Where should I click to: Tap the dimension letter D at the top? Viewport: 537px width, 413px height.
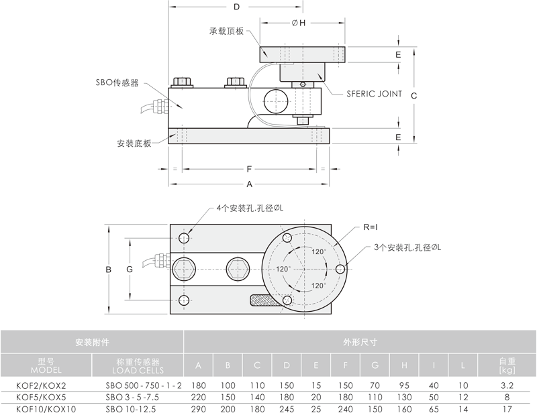click(x=236, y=7)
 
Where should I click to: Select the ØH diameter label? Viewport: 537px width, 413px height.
click(x=299, y=23)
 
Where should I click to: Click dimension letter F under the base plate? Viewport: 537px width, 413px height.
click(x=249, y=168)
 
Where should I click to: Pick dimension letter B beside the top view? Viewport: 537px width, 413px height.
click(x=108, y=270)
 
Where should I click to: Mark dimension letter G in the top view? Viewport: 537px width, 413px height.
click(x=130, y=270)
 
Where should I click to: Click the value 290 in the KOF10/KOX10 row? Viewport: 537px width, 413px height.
click(x=198, y=408)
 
